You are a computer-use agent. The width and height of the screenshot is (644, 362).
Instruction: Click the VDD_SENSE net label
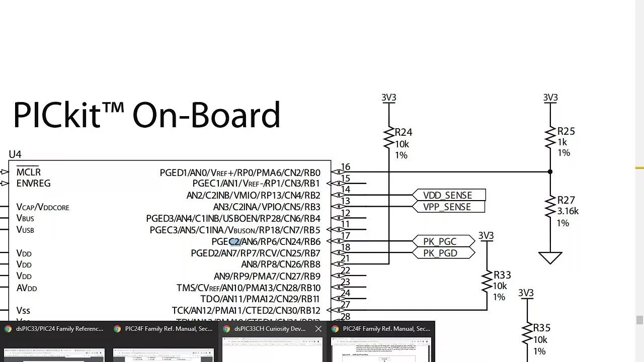click(447, 195)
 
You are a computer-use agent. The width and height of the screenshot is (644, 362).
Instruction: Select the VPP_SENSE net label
click(447, 207)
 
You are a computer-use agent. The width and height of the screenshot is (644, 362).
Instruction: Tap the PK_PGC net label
click(440, 241)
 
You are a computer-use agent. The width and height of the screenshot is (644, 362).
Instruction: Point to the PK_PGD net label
click(440, 253)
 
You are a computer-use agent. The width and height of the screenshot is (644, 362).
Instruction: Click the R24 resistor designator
click(404, 132)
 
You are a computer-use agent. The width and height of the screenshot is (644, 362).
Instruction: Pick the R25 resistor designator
click(566, 131)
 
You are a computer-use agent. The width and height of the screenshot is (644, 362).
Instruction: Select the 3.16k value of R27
click(568, 211)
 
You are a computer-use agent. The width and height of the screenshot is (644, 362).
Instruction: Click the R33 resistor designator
click(502, 275)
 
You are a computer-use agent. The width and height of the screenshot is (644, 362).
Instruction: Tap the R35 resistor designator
click(542, 328)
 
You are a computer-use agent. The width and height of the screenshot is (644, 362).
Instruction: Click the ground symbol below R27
click(550, 258)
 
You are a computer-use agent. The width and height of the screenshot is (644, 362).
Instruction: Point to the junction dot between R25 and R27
click(550, 172)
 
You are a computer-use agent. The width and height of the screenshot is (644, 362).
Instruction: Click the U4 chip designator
click(15, 154)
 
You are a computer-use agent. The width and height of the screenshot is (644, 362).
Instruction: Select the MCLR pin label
click(29, 172)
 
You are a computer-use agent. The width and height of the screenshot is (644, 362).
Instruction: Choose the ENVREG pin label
click(33, 184)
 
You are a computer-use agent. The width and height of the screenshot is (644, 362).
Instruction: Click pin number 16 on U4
click(345, 167)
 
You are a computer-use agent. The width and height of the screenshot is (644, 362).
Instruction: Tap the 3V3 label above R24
click(389, 98)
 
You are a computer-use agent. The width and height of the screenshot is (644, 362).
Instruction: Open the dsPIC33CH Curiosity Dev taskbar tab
click(270, 329)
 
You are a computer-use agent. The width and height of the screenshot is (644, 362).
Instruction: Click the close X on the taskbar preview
click(318, 329)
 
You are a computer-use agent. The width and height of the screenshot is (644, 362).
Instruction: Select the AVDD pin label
click(27, 288)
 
